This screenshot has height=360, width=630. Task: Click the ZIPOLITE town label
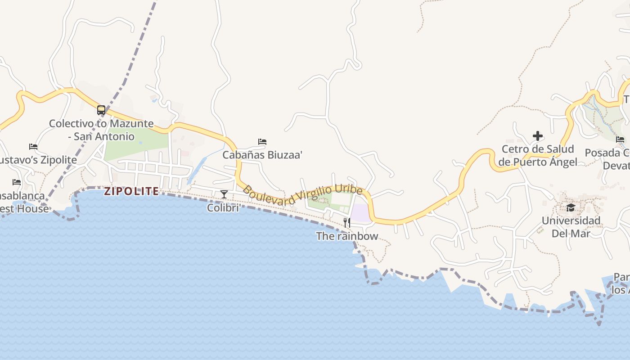(131, 191)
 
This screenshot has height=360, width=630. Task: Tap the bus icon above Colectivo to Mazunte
(101, 110)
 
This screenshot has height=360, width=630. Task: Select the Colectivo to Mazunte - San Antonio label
(101, 130)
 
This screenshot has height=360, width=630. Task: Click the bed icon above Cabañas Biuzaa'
(262, 142)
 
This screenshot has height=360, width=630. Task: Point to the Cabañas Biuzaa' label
(262, 155)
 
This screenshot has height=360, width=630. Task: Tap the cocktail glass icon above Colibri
(224, 194)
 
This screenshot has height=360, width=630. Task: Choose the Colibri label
(223, 207)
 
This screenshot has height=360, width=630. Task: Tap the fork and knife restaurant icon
(347, 222)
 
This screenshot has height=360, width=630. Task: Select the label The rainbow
(347, 236)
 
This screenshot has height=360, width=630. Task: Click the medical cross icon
(538, 136)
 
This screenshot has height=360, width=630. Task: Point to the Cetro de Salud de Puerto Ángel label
(538, 155)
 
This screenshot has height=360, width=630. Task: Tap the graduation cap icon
(571, 207)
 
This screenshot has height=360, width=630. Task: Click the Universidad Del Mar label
(571, 227)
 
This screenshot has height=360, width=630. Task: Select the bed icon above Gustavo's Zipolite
(33, 146)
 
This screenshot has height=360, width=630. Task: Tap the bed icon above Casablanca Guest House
(17, 182)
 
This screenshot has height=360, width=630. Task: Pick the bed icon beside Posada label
(620, 139)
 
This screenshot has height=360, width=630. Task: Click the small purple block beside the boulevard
(360, 213)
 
